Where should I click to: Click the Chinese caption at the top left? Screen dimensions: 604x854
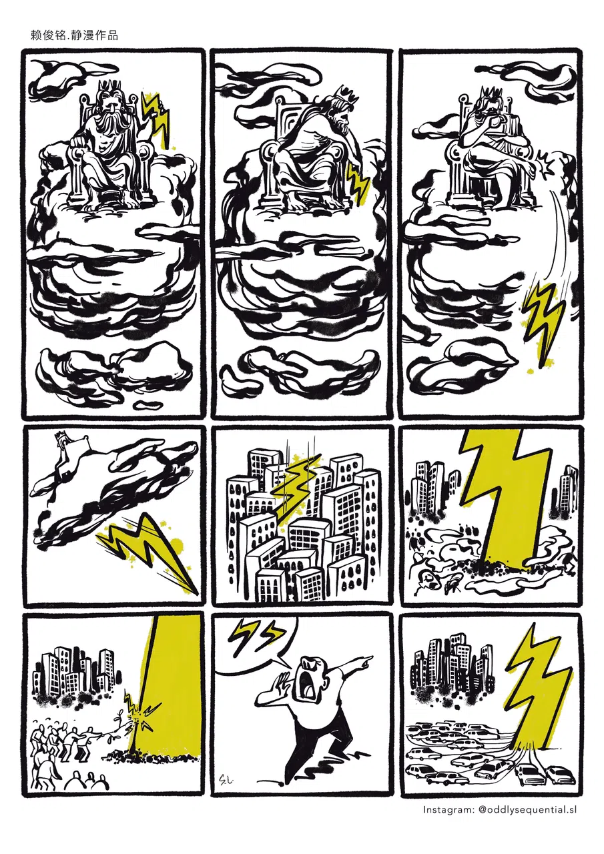(74, 35)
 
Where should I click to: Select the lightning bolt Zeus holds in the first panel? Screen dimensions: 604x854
(156, 118)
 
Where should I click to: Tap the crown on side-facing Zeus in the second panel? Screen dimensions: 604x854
(346, 94)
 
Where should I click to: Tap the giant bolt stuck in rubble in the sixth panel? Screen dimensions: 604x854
(507, 507)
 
